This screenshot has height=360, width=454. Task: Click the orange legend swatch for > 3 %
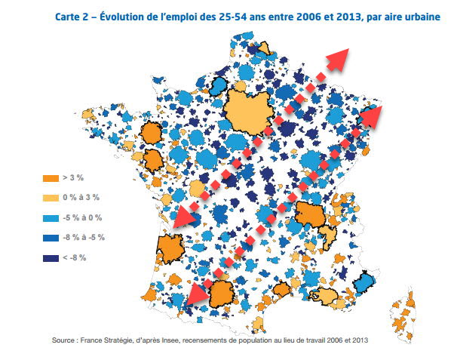[x=51, y=177]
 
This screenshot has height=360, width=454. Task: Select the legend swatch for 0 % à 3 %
[x=51, y=198]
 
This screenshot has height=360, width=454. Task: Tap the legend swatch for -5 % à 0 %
[x=51, y=217]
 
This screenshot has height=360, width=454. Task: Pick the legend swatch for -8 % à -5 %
[x=51, y=237]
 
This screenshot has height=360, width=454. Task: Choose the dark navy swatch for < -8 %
[x=51, y=257]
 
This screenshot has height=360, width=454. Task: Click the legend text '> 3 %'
[x=74, y=177]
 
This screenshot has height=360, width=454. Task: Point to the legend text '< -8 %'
[x=75, y=257]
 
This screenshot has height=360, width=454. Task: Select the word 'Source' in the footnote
[x=64, y=341]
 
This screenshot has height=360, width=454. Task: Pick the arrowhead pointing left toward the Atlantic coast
[x=184, y=216]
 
